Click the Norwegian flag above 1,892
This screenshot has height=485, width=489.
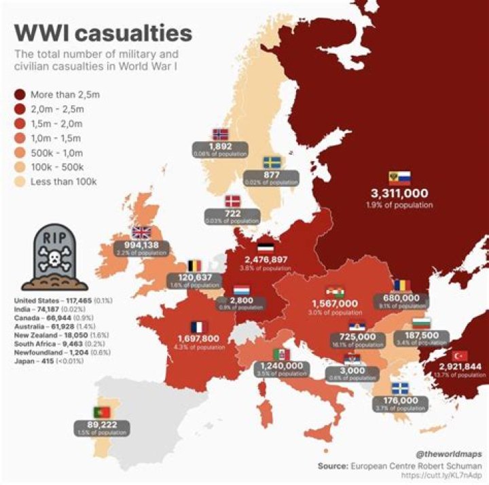(x=221, y=134)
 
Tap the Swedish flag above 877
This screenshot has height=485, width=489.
(x=272, y=162)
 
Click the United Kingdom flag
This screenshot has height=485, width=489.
(x=142, y=233)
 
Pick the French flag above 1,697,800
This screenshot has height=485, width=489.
(x=198, y=326)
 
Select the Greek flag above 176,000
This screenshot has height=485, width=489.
(x=400, y=389)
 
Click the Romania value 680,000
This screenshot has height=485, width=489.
(x=401, y=297)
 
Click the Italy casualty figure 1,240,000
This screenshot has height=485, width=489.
(x=281, y=365)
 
